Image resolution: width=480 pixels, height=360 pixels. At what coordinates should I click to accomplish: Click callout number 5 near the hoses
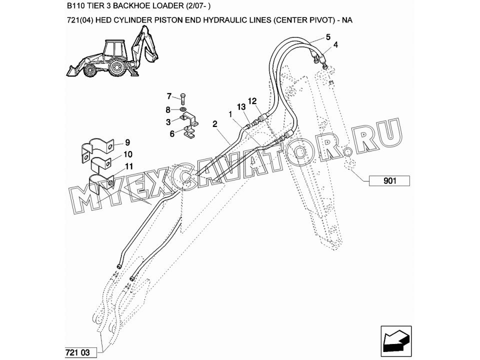click(x=328, y=37)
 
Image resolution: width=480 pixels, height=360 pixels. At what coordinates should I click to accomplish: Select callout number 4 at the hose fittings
click(x=336, y=44)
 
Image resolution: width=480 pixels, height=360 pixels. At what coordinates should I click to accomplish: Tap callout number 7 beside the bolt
click(x=169, y=96)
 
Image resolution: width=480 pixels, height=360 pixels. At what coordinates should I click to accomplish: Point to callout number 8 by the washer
click(x=168, y=109)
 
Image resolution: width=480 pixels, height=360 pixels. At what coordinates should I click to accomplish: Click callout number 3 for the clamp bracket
click(x=168, y=122)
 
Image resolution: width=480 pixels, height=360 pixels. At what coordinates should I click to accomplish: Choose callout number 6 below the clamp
click(x=172, y=134)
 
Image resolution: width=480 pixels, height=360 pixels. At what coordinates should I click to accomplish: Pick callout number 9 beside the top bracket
click(x=127, y=142)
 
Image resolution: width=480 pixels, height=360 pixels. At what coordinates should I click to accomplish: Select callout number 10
click(x=128, y=154)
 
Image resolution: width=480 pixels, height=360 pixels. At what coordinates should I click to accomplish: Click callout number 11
click(x=129, y=166)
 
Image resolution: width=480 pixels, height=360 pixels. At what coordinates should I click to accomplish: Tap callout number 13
click(x=241, y=107)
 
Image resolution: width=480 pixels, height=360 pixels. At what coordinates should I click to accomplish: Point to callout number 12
click(x=252, y=100)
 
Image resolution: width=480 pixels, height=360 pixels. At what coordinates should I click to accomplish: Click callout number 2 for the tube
click(x=215, y=124)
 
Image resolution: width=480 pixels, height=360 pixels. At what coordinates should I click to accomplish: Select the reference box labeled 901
click(x=389, y=181)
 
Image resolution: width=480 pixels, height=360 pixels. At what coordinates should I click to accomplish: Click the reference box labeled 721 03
click(x=81, y=352)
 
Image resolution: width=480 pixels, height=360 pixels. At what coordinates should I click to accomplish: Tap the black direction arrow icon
click(x=396, y=341)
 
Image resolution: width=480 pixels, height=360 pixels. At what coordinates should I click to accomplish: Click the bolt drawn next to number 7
click(x=183, y=98)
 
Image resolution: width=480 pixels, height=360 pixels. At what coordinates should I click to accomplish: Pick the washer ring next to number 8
click(x=183, y=109)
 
